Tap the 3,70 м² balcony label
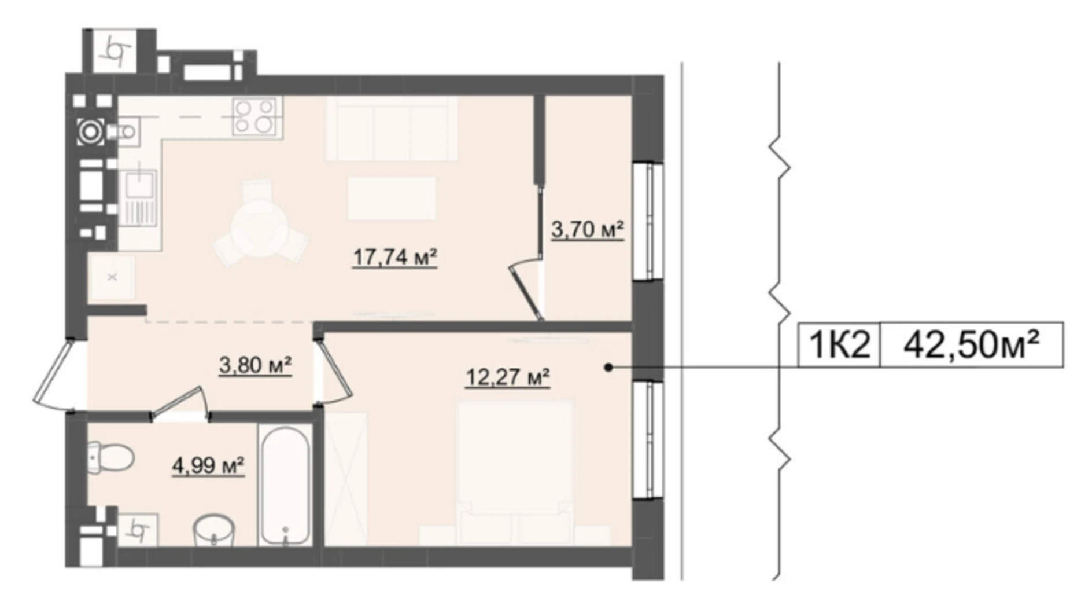[x=587, y=230]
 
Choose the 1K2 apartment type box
[x=839, y=345]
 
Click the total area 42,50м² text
[x=971, y=345]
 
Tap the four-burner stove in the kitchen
[x=254, y=116]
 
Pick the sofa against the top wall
[x=392, y=128]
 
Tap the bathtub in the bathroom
[x=283, y=485]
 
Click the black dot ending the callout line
[x=608, y=367]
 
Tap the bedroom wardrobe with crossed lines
[x=346, y=478]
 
